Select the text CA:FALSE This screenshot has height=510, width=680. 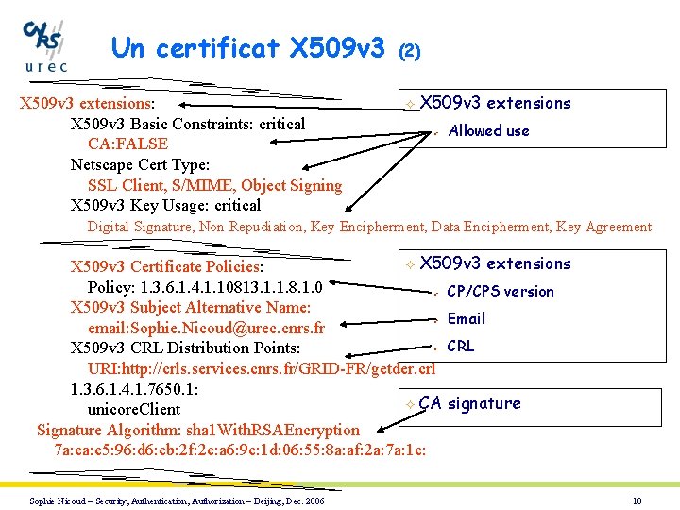coord(127,144)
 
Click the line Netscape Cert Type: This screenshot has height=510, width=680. coord(140,164)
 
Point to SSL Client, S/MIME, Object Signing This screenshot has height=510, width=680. coord(214,185)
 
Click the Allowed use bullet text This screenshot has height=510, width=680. coord(488,131)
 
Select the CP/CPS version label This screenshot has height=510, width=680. coord(501,292)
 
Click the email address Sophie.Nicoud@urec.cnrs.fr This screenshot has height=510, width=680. coord(206,329)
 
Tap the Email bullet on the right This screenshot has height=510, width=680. coord(467,319)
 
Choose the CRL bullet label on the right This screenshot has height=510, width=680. coord(461,347)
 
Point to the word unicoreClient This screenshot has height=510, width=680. coord(133,410)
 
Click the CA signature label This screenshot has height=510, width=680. coord(469,404)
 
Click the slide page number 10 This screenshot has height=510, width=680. coord(637,501)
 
